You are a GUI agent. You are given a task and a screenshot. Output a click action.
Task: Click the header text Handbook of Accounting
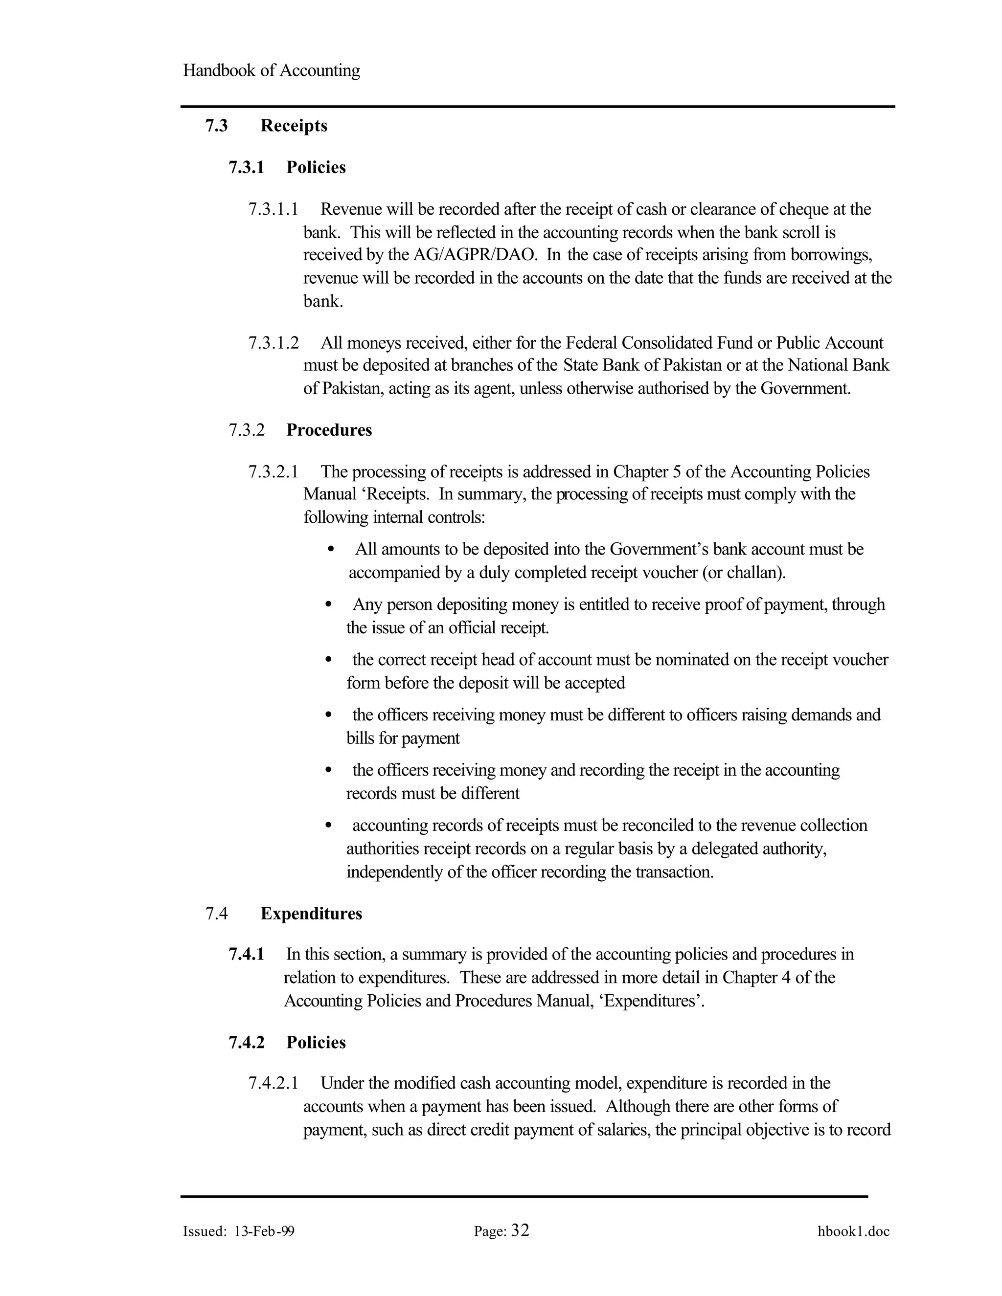[x=271, y=70]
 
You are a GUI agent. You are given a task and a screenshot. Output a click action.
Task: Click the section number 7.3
[x=217, y=126]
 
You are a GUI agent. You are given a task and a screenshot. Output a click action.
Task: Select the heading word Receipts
[x=294, y=126]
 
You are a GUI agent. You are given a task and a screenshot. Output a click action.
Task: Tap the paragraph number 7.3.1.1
[x=273, y=209]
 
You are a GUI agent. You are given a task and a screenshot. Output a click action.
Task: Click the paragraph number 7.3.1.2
[x=273, y=343]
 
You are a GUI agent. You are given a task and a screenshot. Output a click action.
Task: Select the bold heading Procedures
[x=329, y=430]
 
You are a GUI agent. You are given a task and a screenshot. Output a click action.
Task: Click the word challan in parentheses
[x=753, y=573]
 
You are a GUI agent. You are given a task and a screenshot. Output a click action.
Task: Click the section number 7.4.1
[x=247, y=954]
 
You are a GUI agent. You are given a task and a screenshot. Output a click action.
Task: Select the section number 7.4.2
[x=247, y=1043]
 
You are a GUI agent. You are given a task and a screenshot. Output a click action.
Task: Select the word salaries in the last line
[x=606, y=1130]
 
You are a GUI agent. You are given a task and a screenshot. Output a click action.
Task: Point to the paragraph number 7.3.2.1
[x=273, y=472]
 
